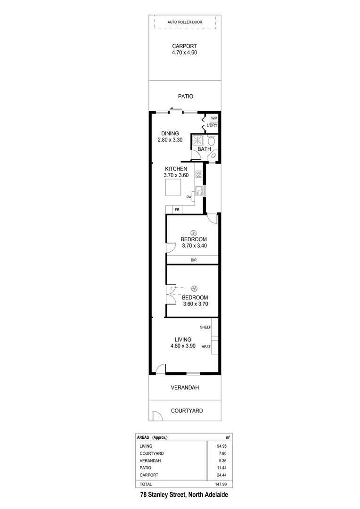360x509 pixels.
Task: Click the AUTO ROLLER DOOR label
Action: tap(185, 22)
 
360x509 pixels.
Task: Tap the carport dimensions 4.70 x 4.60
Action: tap(184, 53)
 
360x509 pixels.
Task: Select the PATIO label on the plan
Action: tap(186, 96)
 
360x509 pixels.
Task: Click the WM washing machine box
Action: tap(214, 118)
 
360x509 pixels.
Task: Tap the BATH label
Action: tap(204, 149)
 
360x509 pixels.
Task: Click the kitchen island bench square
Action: tap(172, 188)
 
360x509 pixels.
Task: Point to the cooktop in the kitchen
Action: tap(199, 174)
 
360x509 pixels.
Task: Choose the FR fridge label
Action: tap(177, 210)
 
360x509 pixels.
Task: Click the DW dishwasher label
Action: tap(189, 197)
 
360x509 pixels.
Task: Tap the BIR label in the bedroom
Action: tap(193, 260)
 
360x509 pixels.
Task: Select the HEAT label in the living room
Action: tap(206, 347)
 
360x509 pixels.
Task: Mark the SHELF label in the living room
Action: tap(205, 327)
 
